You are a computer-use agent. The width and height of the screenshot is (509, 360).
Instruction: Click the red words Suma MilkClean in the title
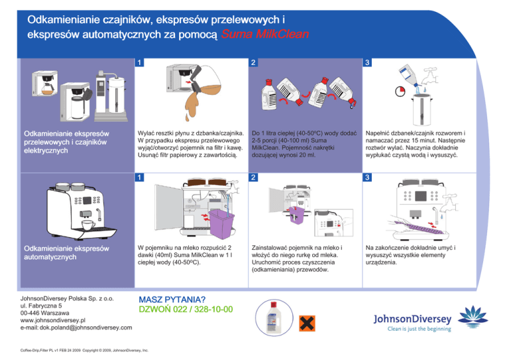click(x=264, y=34)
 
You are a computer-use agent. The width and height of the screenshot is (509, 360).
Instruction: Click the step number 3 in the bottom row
click(x=367, y=176)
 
